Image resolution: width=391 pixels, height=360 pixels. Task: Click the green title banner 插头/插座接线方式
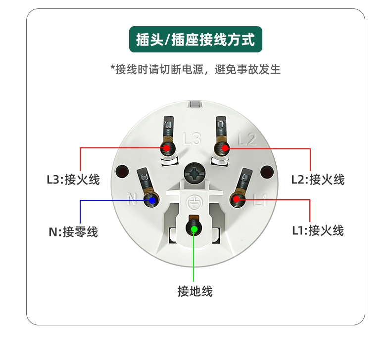[x=195, y=40]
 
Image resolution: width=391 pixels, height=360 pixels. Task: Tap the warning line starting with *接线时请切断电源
[x=195, y=69]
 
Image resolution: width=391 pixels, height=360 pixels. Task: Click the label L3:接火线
[x=73, y=180]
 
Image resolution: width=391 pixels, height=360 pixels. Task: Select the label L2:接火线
[x=318, y=180]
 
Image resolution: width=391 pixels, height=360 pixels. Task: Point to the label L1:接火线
[x=318, y=230]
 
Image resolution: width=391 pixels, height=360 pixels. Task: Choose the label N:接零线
[x=73, y=232]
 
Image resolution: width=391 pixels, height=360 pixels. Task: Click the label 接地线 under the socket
[x=195, y=291]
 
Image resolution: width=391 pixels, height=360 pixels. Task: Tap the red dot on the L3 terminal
[x=167, y=148]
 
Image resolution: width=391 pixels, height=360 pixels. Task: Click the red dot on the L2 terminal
[x=225, y=148]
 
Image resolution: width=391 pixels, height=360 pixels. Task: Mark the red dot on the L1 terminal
[x=236, y=199]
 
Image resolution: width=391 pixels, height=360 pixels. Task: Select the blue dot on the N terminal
[x=152, y=200]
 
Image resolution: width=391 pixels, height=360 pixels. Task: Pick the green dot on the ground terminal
[x=194, y=229]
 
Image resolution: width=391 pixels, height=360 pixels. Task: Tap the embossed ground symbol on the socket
[x=195, y=202]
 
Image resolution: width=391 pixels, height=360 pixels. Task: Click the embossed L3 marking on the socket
[x=192, y=139]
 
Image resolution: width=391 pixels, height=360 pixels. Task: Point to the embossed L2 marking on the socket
[x=247, y=139]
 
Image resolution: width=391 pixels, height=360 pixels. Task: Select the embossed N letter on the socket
[x=132, y=199]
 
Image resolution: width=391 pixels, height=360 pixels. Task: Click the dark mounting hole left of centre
[x=122, y=172]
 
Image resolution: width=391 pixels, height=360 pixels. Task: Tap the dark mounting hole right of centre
[x=267, y=172]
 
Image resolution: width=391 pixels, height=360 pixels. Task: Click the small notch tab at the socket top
[x=195, y=104]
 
